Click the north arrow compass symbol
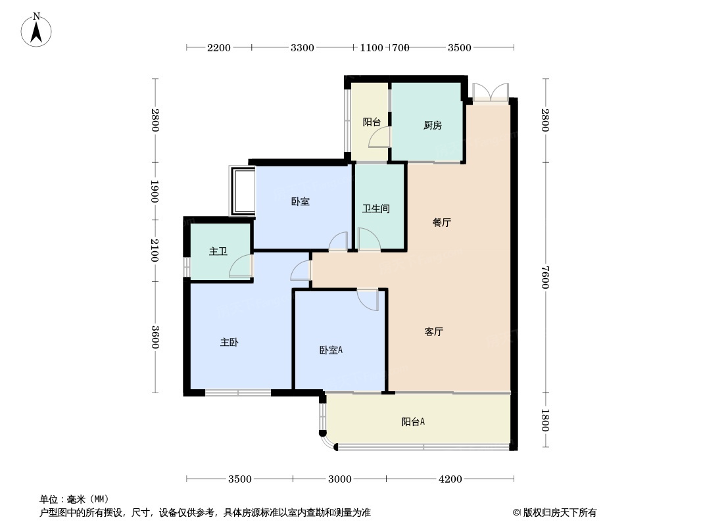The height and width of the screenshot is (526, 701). point(36,30)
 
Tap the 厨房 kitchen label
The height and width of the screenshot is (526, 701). point(432,126)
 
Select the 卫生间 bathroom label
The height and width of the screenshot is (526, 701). point(376,208)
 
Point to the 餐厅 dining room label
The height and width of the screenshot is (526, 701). point(442,222)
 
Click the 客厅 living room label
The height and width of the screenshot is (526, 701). point(433,331)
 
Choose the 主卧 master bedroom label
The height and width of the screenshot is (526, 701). point(229,343)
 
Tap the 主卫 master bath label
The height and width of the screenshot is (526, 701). point(218,252)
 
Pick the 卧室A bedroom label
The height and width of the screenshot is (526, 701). point(331,350)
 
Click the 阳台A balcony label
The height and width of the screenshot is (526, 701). point(413,421)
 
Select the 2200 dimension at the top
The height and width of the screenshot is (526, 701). point(218,48)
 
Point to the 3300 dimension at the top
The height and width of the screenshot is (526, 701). point(302,48)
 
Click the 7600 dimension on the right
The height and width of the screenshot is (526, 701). point(544,277)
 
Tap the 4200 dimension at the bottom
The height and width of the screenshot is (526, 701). point(450,479)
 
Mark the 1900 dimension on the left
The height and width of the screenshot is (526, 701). point(155,191)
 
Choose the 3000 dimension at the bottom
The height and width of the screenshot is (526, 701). point(340,479)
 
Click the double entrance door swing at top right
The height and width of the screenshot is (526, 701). point(491,91)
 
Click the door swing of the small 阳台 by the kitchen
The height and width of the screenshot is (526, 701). point(379,137)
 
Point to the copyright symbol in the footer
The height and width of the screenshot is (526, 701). point(516,513)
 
